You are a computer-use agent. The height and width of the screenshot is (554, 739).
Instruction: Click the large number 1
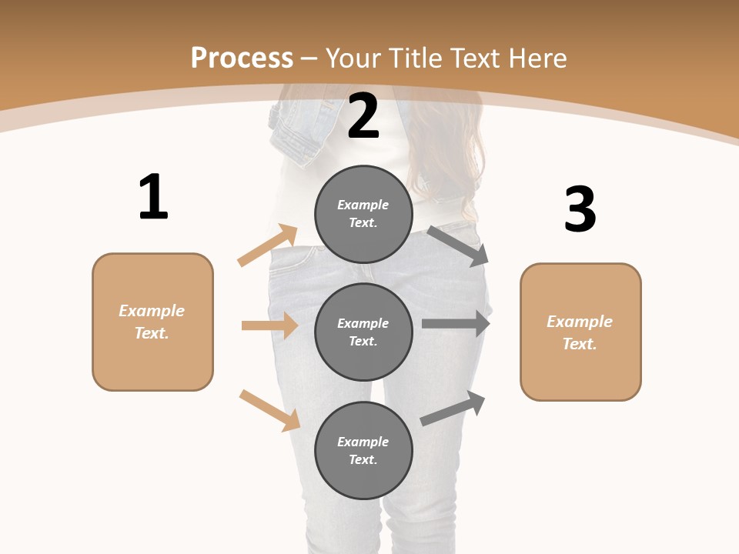click(153, 198)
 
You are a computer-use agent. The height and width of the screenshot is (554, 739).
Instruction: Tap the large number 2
click(363, 116)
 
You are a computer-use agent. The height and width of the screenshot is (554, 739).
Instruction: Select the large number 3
click(580, 210)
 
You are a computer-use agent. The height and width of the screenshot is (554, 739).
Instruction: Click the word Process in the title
click(242, 58)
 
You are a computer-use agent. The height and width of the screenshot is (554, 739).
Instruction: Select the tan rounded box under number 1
click(152, 322)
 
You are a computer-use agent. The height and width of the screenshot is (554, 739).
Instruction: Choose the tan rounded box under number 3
click(580, 332)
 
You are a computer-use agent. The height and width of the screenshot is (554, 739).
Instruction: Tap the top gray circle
click(363, 214)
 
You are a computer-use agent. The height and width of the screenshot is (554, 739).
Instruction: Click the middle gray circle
click(363, 332)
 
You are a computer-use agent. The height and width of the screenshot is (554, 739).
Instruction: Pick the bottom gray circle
click(363, 450)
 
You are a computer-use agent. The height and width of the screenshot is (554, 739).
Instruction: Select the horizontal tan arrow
click(269, 325)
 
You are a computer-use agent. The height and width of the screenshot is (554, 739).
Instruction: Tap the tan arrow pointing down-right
click(269, 410)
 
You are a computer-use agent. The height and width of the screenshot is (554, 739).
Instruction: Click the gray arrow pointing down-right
click(458, 245)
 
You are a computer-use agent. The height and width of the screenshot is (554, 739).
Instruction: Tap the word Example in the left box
click(152, 311)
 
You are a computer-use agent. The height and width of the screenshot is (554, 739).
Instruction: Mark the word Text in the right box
click(579, 344)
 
